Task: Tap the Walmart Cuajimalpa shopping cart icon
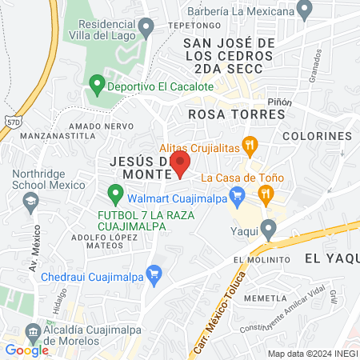point(236,194)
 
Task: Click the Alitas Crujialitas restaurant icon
point(250,146)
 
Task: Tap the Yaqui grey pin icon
point(270,230)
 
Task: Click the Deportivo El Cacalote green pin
point(97,82)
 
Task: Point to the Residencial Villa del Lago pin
point(146,29)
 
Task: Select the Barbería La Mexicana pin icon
point(304,10)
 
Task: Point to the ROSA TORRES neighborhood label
point(236,114)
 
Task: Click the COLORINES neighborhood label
point(317,137)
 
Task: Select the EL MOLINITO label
point(262,261)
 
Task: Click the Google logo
point(26,350)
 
